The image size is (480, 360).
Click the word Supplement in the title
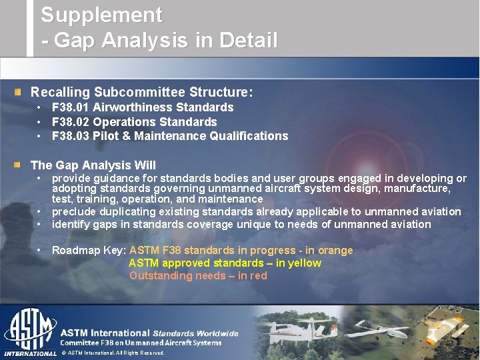click(x=101, y=15)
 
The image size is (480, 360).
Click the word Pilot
click(x=106, y=136)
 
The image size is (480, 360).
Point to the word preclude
click(x=73, y=212)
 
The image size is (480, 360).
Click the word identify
click(x=70, y=225)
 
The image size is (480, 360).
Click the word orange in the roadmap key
click(x=335, y=251)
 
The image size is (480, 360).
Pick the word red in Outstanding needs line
click(x=258, y=276)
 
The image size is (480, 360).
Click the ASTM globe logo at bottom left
click(x=30, y=330)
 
